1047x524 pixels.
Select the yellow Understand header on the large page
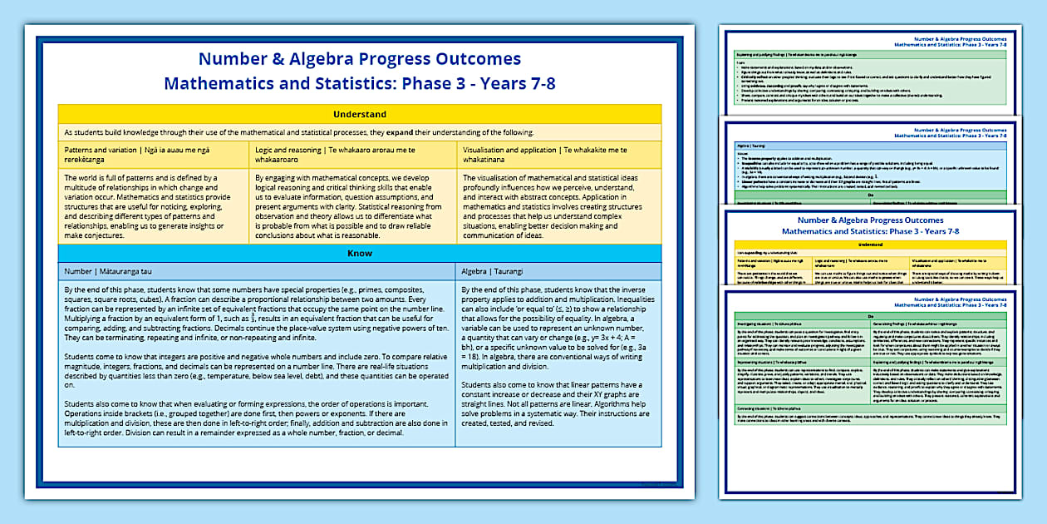tap(359, 114)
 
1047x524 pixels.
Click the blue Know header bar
tap(359, 253)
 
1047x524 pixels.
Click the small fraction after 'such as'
tap(253, 317)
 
